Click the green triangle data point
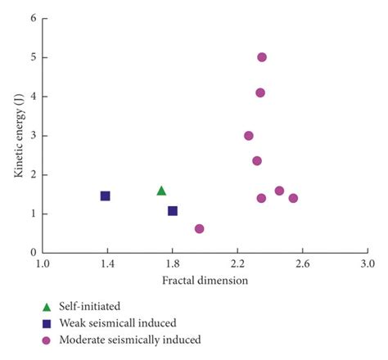click(161, 191)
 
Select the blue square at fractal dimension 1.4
click(106, 196)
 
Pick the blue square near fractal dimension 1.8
click(173, 211)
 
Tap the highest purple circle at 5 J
click(262, 57)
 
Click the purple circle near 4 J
click(260, 92)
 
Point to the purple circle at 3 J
click(249, 136)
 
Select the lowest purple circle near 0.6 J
click(200, 229)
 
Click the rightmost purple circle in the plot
click(293, 198)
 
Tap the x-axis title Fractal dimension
click(205, 280)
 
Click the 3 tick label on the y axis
click(33, 136)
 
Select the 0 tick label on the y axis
click(33, 253)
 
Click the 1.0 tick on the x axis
click(43, 264)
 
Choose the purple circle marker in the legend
click(47, 339)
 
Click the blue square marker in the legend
click(47, 322)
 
